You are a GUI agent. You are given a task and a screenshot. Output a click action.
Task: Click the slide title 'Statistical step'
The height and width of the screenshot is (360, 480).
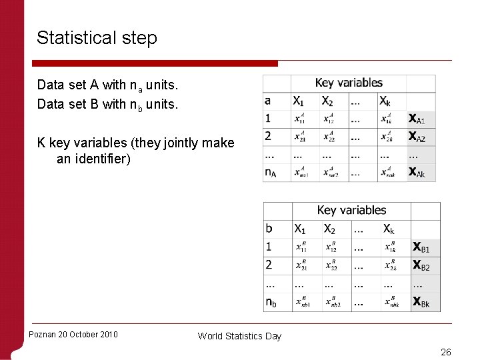[x=97, y=38]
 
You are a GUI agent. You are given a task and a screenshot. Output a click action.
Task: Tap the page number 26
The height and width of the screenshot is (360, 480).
[x=445, y=352]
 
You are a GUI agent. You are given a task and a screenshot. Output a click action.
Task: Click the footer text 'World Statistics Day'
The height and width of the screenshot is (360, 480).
[x=239, y=336]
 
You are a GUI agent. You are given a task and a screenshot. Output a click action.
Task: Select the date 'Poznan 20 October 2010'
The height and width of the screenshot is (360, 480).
[x=73, y=334]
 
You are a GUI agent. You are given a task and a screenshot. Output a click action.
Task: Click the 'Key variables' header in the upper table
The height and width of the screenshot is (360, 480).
[x=349, y=83]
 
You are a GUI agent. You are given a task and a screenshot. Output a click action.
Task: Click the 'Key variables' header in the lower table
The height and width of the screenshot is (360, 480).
[x=351, y=211]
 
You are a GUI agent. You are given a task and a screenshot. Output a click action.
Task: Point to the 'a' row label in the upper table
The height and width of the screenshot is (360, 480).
[x=268, y=101]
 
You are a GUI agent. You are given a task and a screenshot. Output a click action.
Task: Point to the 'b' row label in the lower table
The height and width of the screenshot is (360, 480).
[x=269, y=229]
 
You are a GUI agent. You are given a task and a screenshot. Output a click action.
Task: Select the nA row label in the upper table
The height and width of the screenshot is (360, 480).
[x=271, y=173]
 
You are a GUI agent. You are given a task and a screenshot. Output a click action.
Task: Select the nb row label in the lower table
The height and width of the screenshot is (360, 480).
[x=271, y=302]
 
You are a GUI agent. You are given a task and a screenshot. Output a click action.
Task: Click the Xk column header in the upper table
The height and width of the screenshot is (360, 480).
[x=385, y=101]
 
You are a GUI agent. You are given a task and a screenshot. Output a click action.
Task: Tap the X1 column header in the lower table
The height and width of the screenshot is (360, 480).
[x=301, y=229]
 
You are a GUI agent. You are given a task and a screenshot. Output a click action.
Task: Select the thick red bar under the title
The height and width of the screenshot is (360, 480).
[x=157, y=63]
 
